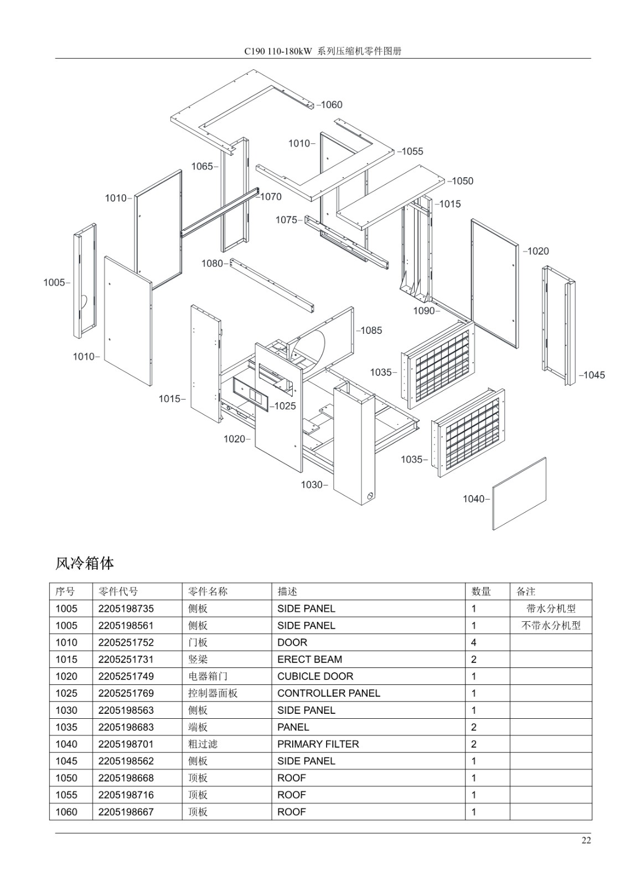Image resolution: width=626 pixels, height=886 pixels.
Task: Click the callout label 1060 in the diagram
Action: click(x=332, y=105)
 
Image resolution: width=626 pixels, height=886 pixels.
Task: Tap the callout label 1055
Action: click(x=412, y=152)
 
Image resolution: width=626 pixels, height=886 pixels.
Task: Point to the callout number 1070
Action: click(x=271, y=197)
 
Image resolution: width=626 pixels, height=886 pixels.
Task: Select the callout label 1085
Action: click(x=371, y=330)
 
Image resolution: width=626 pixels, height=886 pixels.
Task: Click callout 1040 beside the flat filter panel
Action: click(x=474, y=499)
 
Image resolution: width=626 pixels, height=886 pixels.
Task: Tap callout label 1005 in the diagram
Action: click(x=54, y=282)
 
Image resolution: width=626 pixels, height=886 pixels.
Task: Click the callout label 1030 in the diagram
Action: click(x=312, y=485)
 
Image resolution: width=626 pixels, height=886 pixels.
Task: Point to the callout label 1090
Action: click(x=425, y=311)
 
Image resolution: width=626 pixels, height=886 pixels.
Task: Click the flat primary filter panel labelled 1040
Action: click(x=519, y=493)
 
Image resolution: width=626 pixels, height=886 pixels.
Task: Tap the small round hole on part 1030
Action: click(x=370, y=496)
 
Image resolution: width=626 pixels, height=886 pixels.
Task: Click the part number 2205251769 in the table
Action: click(x=126, y=693)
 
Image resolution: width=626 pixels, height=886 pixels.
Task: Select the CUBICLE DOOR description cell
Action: click(x=315, y=676)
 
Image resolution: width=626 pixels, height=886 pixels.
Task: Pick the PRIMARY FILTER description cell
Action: click(x=318, y=744)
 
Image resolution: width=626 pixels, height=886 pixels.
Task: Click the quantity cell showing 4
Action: click(x=474, y=642)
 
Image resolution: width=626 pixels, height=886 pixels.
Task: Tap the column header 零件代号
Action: click(x=118, y=591)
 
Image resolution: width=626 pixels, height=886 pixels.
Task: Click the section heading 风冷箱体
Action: click(x=85, y=564)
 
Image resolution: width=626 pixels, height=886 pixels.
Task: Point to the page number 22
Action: click(x=586, y=840)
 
